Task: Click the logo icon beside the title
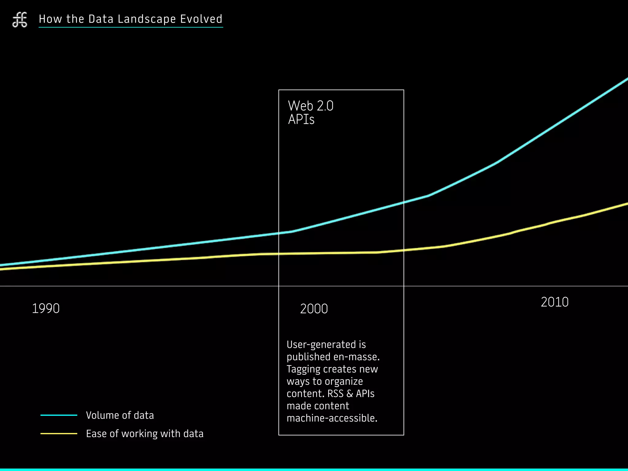[20, 20]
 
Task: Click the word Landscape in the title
[147, 19]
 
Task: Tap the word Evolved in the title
[201, 19]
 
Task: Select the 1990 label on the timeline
[46, 308]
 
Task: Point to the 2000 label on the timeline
[314, 309]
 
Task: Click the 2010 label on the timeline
[554, 302]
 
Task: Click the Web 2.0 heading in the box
[310, 106]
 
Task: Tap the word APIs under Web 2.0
[301, 120]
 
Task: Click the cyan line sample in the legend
[59, 415]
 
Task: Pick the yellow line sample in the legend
[59, 434]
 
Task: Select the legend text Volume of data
[120, 415]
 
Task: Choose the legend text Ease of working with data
[145, 434]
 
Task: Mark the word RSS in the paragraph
[335, 394]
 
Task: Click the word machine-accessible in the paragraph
[331, 418]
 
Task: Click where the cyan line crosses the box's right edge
[404, 202]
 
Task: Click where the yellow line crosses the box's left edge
[279, 254]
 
